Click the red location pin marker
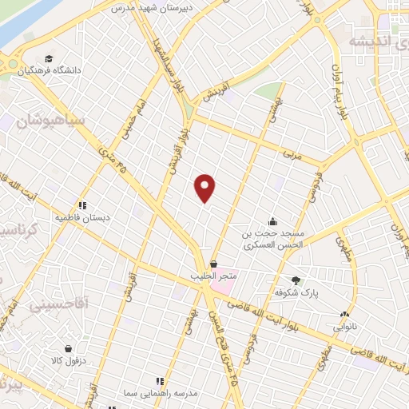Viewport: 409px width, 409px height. [x=205, y=187]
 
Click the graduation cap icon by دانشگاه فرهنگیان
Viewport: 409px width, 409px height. [x=50, y=59]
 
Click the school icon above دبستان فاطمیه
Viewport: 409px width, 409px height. [x=83, y=204]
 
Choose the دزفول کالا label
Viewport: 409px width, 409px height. [x=69, y=361]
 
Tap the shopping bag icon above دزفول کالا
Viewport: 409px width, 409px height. [x=69, y=348]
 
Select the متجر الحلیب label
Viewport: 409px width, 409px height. [x=214, y=276]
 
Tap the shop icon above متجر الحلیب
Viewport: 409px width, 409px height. [x=214, y=264]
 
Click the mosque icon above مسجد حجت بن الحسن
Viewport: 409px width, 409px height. [x=273, y=221]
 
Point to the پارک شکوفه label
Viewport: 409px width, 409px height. [x=297, y=293]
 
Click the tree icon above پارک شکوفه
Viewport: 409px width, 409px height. [x=297, y=280]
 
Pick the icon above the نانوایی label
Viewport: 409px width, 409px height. [x=345, y=315]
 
